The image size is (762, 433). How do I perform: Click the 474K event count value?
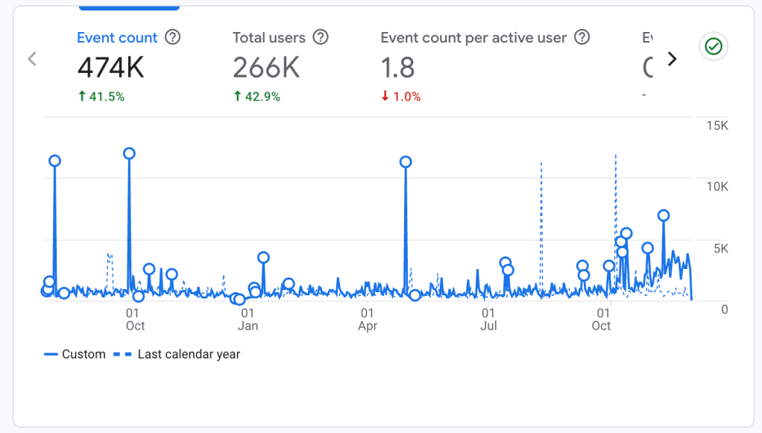[x=111, y=68]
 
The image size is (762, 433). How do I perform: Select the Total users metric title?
[x=269, y=37]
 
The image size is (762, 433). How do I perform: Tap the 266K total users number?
[x=266, y=68]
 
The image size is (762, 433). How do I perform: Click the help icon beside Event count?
[x=172, y=37]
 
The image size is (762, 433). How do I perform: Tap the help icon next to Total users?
[x=321, y=37]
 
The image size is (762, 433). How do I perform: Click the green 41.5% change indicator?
[x=101, y=96]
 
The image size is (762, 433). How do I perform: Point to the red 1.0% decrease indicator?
[x=401, y=96]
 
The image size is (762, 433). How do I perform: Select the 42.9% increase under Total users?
[x=257, y=96]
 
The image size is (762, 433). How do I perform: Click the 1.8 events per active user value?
[x=397, y=68]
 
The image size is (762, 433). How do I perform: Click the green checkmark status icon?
[x=714, y=47]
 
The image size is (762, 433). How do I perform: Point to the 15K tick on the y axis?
[x=717, y=125]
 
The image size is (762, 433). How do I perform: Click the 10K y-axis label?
[x=717, y=186]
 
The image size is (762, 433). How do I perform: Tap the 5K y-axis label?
[x=720, y=247]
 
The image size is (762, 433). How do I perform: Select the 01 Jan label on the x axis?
[x=248, y=320]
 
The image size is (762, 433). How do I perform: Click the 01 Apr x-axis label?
[x=368, y=320]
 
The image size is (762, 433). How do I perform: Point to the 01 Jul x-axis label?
[x=488, y=320]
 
